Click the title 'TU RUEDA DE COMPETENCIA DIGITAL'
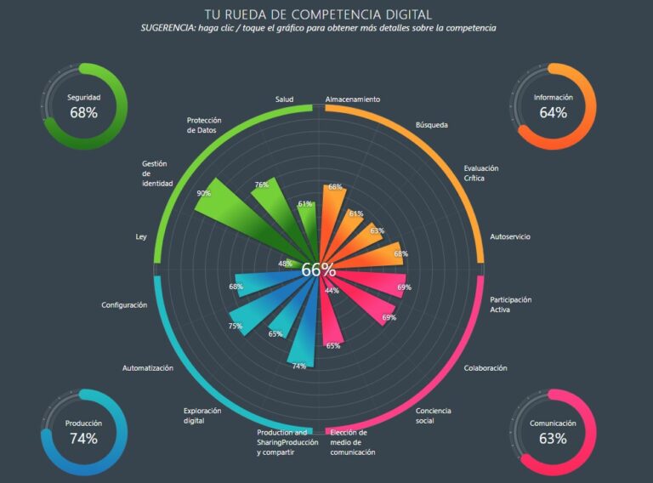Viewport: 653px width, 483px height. point(318,14)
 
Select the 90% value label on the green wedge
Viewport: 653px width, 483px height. point(203,193)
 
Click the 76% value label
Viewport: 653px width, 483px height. point(261,185)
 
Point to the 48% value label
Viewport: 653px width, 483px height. point(286,264)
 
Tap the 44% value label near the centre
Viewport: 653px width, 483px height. point(332,291)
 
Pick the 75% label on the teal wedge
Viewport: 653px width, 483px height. point(235,327)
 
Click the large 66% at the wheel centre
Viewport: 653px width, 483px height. point(318,270)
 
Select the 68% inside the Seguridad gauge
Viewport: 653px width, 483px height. point(83,112)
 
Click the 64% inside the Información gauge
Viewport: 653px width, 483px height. point(553,112)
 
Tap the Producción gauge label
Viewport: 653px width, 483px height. point(83,423)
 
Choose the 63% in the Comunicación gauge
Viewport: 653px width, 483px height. point(553,439)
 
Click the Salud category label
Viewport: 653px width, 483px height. point(284,99)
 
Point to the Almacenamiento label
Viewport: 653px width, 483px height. point(352,99)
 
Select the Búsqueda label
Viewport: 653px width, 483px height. point(431,125)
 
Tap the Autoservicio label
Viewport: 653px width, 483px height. point(510,236)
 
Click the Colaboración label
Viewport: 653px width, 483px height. point(485,368)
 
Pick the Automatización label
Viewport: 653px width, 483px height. point(147,368)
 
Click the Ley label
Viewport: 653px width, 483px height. point(141,236)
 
